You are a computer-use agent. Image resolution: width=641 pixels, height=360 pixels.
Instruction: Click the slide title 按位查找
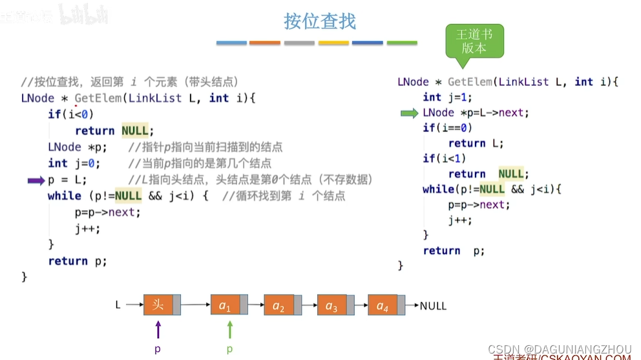pyautogui.click(x=320, y=21)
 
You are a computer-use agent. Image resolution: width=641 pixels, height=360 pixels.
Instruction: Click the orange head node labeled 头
pyautogui.click(x=158, y=304)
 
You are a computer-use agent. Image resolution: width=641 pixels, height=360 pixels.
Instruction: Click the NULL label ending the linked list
pyautogui.click(x=433, y=306)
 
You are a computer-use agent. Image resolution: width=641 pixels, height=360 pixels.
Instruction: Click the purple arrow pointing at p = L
pyautogui.click(x=36, y=180)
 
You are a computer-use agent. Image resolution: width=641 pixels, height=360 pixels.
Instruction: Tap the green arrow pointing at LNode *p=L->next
pyautogui.click(x=409, y=113)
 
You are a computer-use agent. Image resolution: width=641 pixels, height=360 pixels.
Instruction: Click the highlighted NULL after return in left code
pyautogui.click(x=134, y=131)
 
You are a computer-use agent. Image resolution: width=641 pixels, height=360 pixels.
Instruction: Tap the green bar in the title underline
pyautogui.click(x=402, y=43)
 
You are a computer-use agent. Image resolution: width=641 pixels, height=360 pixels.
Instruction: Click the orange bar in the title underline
pyautogui.click(x=265, y=43)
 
